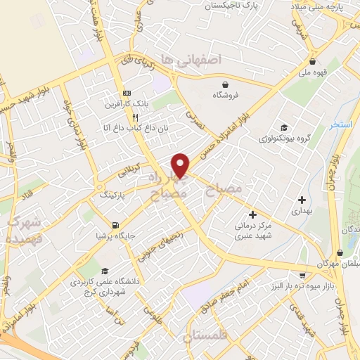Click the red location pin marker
(181, 165)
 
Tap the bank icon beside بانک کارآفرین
(127, 94)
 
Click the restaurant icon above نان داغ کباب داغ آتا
(125, 119)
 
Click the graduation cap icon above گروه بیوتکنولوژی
(283, 127)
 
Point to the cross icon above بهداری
(302, 200)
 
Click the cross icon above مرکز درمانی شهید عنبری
(252, 213)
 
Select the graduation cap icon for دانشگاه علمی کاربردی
(105, 271)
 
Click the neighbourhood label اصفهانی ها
(191, 60)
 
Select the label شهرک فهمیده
(25, 230)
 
